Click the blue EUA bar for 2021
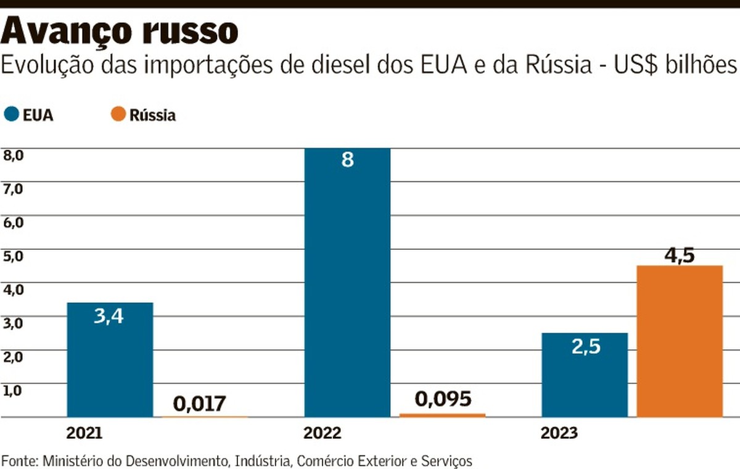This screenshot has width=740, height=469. click(110, 359)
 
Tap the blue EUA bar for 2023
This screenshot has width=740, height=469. click(585, 375)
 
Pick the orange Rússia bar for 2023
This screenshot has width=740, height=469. click(680, 341)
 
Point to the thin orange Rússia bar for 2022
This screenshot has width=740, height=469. click(442, 415)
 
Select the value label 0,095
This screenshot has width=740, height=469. click(443, 399)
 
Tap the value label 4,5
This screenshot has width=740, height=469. click(680, 255)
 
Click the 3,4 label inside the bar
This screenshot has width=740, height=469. click(109, 316)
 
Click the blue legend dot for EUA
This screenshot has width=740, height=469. click(12, 114)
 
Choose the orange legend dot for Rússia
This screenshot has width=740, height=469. click(119, 114)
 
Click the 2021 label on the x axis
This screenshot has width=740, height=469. click(84, 433)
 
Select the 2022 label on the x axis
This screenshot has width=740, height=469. click(321, 433)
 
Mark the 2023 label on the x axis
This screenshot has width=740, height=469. click(559, 433)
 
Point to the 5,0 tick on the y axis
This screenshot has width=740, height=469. click(13, 255)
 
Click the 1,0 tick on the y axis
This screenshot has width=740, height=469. click(13, 390)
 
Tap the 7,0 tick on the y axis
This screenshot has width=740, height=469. click(13, 188)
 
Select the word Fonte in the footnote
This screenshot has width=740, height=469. click(19, 460)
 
